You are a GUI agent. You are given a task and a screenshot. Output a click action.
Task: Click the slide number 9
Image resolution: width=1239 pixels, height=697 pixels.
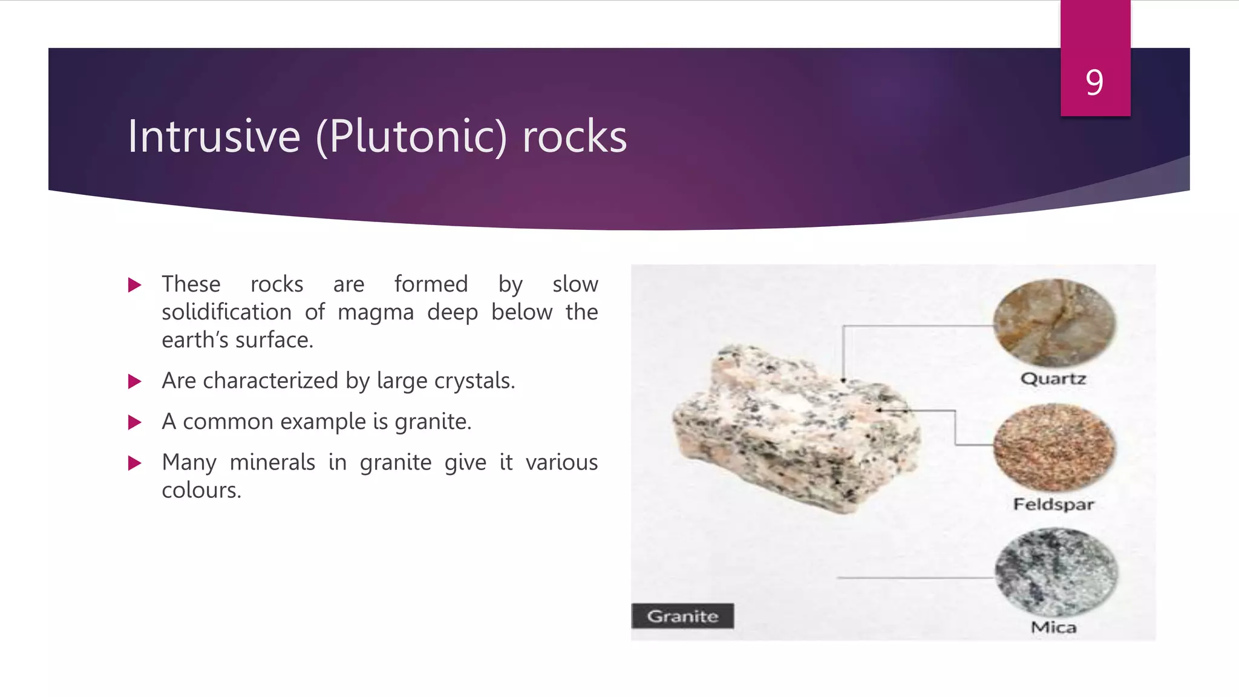(x=1094, y=82)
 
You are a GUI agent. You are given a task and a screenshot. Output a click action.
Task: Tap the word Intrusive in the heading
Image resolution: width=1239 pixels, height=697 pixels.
(x=214, y=137)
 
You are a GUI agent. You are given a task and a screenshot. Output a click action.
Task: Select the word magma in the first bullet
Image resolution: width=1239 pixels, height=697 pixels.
(x=375, y=312)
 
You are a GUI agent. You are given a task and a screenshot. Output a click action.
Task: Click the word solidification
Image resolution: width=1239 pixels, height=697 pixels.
(x=226, y=312)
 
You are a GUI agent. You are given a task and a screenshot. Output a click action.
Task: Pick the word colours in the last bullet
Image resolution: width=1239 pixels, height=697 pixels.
(x=200, y=490)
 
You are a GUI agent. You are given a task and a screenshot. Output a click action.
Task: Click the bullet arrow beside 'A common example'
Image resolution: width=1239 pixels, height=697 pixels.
(x=135, y=422)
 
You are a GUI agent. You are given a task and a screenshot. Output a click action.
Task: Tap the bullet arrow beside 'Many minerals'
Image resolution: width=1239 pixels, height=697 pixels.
(x=135, y=463)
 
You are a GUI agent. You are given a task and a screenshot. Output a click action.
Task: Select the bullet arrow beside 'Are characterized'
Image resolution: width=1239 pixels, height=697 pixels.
(x=135, y=381)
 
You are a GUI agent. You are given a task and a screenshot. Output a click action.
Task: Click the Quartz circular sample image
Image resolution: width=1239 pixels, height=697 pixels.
(x=1054, y=322)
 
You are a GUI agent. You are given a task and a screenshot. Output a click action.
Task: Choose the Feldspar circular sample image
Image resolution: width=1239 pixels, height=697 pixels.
(x=1054, y=447)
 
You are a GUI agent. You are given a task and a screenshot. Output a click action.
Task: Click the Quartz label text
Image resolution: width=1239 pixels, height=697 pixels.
(x=1053, y=379)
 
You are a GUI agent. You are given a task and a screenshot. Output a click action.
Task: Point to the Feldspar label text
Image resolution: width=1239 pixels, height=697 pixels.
(x=1053, y=504)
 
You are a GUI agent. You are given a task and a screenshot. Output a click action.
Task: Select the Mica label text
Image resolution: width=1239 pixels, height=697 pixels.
(x=1053, y=627)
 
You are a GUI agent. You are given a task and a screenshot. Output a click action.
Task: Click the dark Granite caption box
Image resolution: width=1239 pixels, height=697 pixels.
(x=682, y=616)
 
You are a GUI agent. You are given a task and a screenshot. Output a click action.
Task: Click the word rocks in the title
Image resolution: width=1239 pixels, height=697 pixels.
(x=574, y=137)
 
